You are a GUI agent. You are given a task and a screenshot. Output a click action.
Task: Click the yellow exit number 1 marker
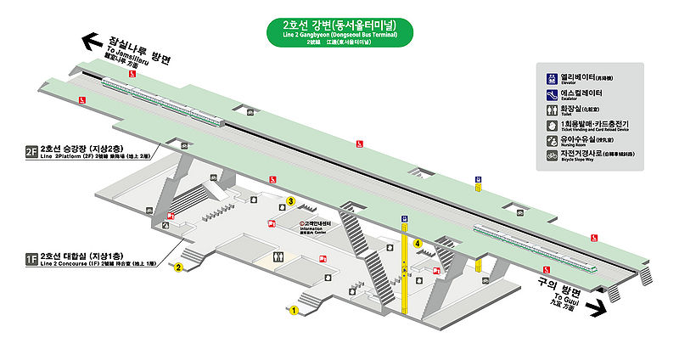[293, 311]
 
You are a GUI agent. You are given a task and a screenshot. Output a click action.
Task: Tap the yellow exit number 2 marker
[179, 268]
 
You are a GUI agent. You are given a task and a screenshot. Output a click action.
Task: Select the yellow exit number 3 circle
[290, 201]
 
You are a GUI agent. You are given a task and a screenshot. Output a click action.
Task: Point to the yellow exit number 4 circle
[418, 244]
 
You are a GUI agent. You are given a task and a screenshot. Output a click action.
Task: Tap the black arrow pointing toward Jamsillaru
[90, 40]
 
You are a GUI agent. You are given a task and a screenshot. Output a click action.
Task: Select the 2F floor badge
[31, 153]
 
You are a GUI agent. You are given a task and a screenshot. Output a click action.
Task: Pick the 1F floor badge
[31, 257]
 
